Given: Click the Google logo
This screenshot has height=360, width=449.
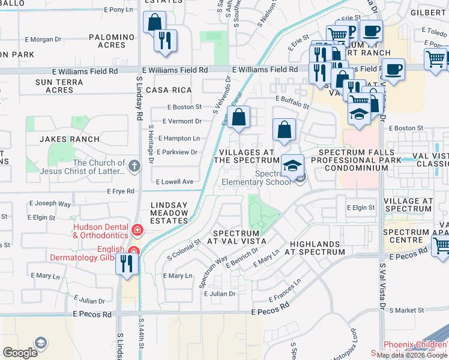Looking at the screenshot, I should [x=20, y=352].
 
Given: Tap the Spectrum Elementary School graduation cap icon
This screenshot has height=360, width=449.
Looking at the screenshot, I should [x=293, y=166].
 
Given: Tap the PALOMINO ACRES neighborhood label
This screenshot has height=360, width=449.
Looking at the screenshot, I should [x=112, y=41].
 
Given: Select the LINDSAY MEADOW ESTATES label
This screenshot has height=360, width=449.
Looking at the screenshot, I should [x=169, y=212].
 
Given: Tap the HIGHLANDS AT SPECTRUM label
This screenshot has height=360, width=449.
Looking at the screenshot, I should [x=318, y=248].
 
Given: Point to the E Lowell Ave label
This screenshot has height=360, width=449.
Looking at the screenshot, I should [x=175, y=181].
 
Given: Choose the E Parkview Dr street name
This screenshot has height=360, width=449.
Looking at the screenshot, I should [x=177, y=152].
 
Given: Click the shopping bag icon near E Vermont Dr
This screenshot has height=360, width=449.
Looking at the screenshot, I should [x=239, y=117].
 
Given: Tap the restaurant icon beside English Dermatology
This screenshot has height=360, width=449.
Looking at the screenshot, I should [x=127, y=264].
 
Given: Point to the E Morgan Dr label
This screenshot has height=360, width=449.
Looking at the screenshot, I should [x=41, y=40].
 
